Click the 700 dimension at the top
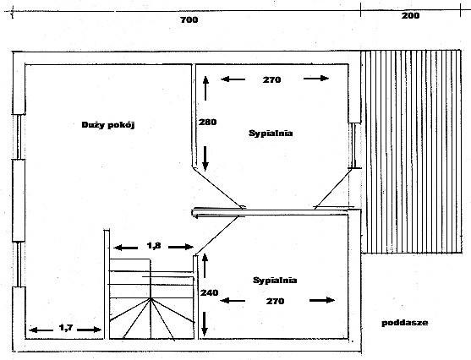(189, 19)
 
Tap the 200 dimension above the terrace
(410, 15)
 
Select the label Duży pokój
(108, 125)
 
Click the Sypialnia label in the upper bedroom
(271, 134)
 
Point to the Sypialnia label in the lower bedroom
(275, 281)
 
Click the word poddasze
(405, 323)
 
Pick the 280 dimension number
(207, 123)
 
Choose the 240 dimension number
(210, 292)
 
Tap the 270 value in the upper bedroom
(271, 80)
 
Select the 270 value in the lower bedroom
(275, 301)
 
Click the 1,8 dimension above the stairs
(154, 246)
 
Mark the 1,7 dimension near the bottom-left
(66, 328)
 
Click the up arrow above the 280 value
(205, 88)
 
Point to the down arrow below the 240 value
(205, 324)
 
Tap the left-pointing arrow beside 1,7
(41, 330)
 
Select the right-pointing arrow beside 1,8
(181, 247)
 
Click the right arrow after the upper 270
(316, 79)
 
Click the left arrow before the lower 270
(233, 300)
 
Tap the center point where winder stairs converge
(151, 298)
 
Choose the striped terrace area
(412, 151)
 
